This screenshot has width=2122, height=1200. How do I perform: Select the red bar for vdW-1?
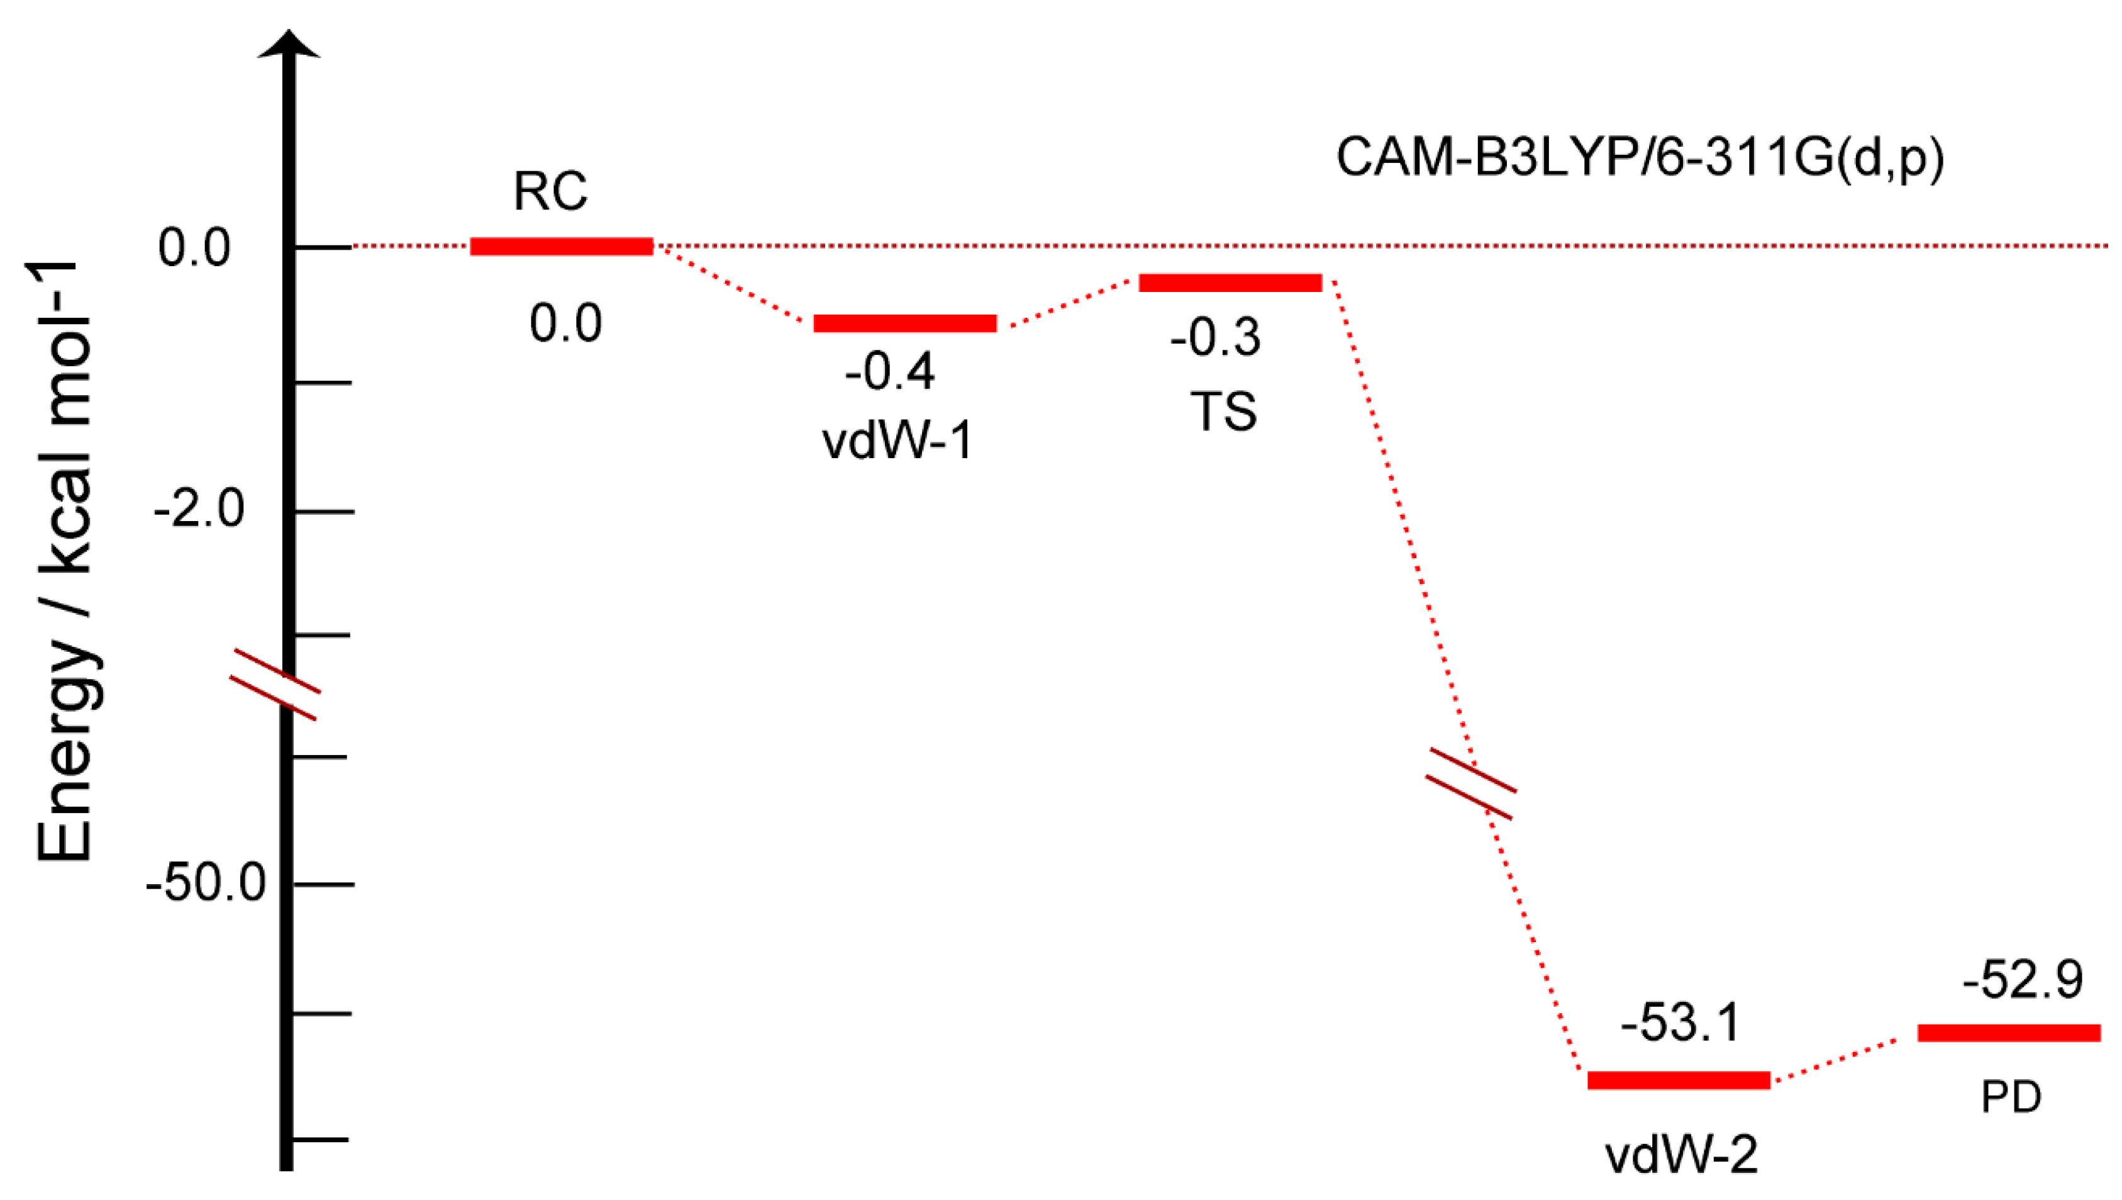[x=904, y=323]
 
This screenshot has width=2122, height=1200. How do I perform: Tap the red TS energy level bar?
[x=1230, y=283]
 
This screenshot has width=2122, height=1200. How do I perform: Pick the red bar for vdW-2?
[x=1678, y=1080]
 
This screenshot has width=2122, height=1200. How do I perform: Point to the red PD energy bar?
[x=2008, y=1033]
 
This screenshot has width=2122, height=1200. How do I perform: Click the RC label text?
[x=550, y=191]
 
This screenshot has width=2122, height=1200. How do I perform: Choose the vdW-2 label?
[x=1681, y=1155]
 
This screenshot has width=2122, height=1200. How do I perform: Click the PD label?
[x=2011, y=1097]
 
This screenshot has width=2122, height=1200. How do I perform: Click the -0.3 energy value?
[x=1215, y=337]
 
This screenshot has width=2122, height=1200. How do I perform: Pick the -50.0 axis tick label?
[x=206, y=883]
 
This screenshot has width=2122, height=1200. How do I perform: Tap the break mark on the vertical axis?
[x=274, y=684]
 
